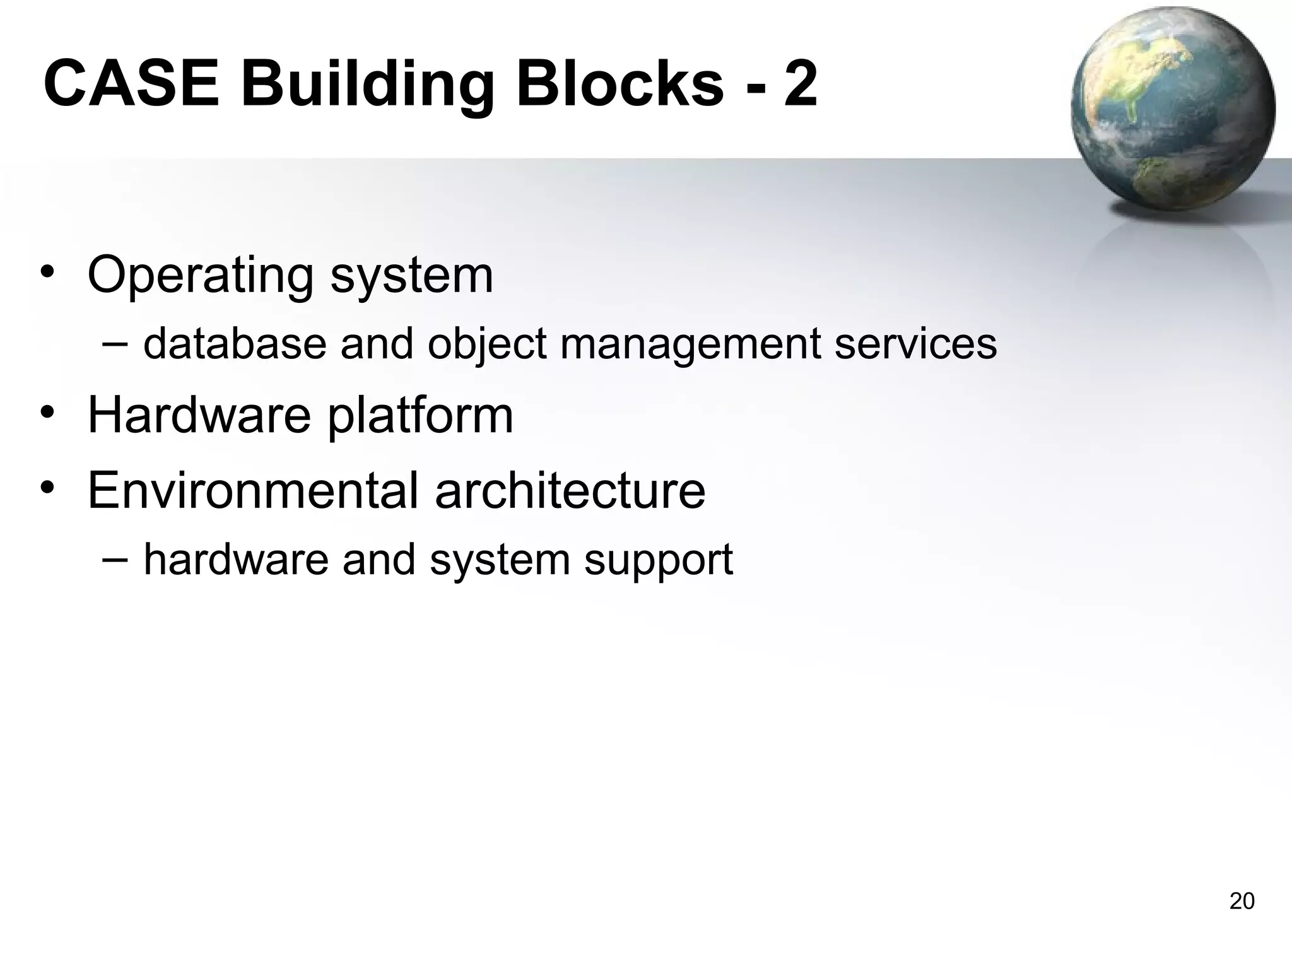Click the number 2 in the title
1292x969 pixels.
pos(801,84)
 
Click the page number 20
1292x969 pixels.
pos(1242,901)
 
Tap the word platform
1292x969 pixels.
pos(420,416)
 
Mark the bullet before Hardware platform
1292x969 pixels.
pos(47,413)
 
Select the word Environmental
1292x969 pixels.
pos(252,490)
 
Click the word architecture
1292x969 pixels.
pos(570,490)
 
